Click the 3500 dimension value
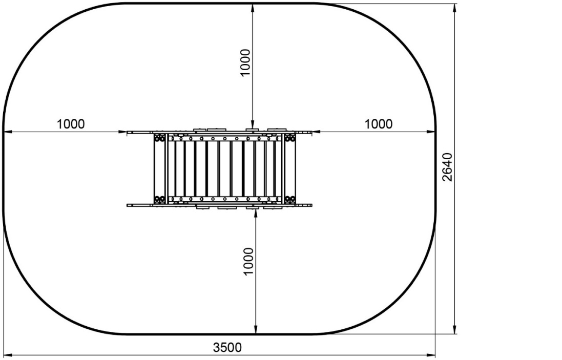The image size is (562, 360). (x=227, y=347)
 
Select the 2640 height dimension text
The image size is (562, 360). (x=447, y=167)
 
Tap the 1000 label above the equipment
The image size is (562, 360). (x=245, y=62)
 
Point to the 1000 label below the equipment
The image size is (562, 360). (x=248, y=262)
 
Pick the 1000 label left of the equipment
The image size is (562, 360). (x=71, y=124)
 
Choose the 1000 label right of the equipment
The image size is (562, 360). (x=379, y=124)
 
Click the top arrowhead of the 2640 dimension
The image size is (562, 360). (x=455, y=8)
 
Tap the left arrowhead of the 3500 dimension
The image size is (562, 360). (x=8, y=355)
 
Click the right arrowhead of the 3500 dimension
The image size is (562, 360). (x=430, y=355)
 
